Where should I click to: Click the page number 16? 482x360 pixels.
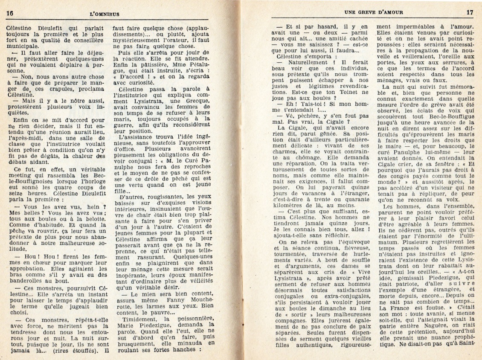[10, 12]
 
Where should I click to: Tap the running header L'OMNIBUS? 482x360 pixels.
[105, 13]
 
